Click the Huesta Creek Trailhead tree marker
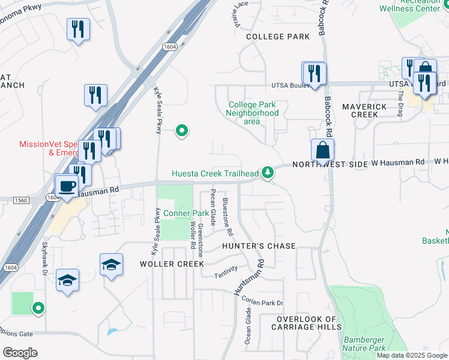point(268,173)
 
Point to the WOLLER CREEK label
point(164,264)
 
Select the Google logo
point(20,353)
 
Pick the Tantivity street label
point(227,271)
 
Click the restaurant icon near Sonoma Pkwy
point(78,30)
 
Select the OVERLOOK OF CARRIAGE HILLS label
point(306,323)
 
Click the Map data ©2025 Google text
point(411,355)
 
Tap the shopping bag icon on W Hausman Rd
point(322,151)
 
